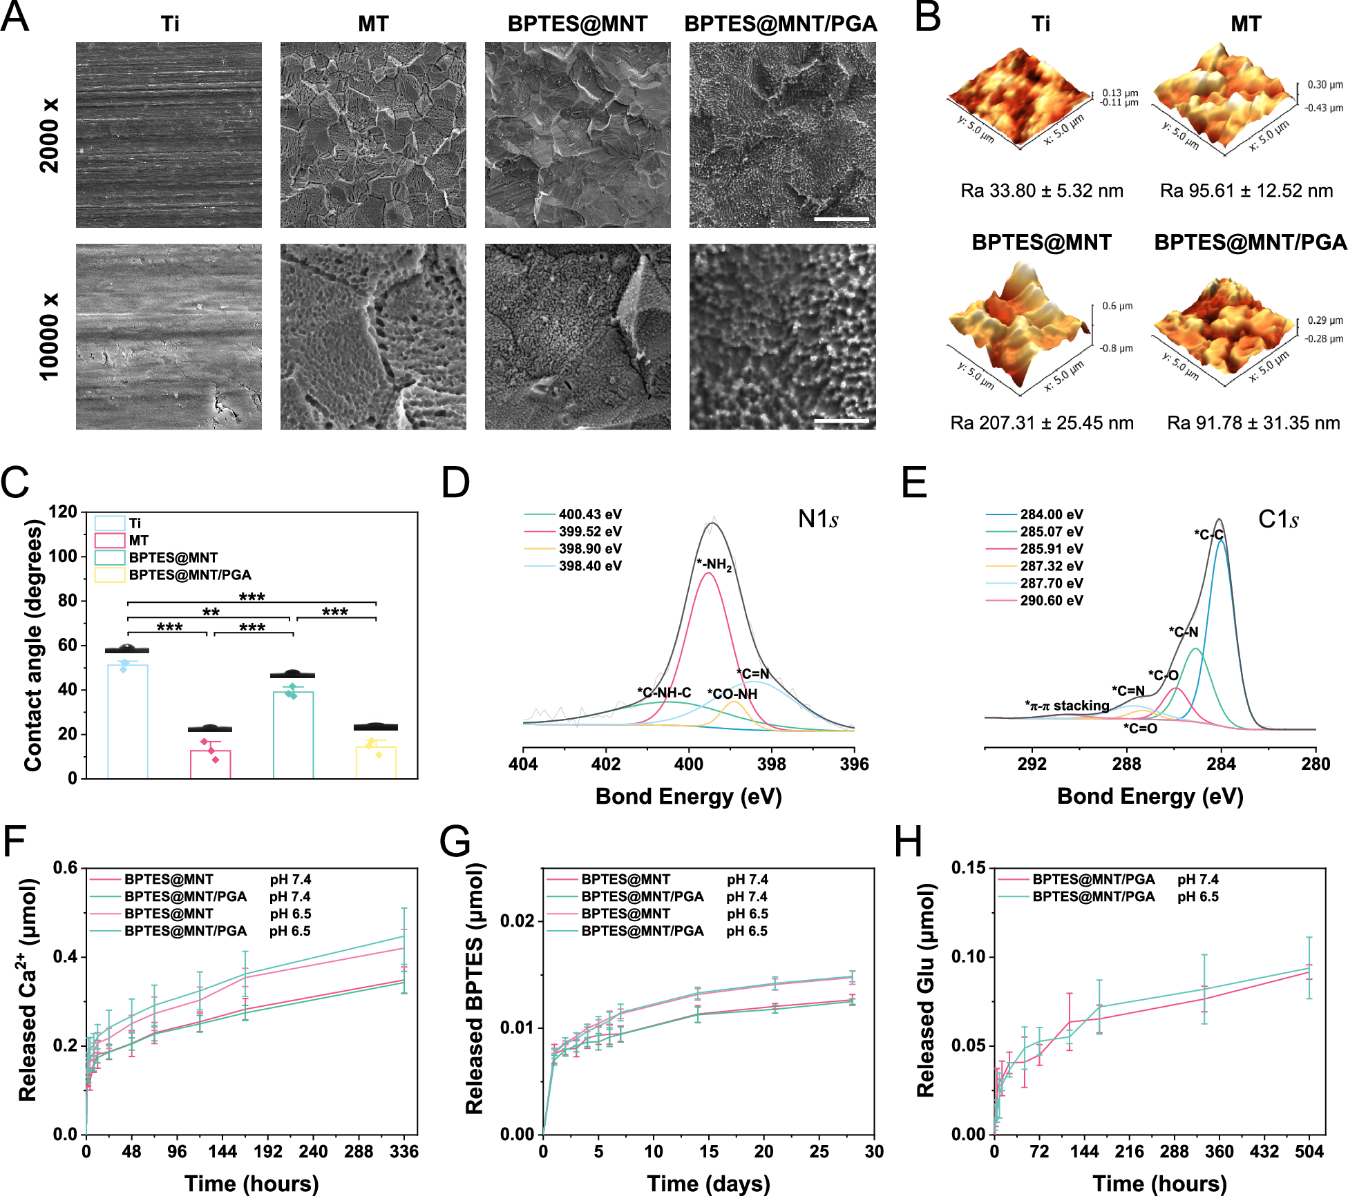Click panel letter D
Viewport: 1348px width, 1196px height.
coord(455,483)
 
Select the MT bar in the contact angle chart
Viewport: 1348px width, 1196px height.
coord(211,763)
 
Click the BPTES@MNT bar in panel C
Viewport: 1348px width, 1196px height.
coord(293,735)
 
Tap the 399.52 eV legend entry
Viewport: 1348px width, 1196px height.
coord(589,532)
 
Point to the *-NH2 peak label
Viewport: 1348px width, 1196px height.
coord(714,565)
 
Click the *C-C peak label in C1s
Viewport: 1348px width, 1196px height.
coord(1208,534)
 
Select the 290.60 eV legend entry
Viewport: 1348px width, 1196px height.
coord(1051,601)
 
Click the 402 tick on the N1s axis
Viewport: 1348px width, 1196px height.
coord(606,764)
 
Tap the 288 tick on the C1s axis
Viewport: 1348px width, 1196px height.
coord(1126,764)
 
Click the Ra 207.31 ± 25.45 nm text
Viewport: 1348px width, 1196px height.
coord(1042,423)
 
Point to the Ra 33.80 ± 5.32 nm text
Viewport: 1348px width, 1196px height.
coord(1042,191)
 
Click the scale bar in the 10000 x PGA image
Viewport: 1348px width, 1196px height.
coord(841,421)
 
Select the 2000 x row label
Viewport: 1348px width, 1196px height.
coord(50,135)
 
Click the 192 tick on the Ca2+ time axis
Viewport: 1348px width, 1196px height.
coord(267,1151)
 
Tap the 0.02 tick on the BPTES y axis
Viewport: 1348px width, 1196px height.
coord(517,921)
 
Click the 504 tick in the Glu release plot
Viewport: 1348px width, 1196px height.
coord(1309,1151)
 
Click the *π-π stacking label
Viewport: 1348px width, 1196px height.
coord(1067,706)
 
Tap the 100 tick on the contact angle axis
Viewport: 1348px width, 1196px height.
coord(63,557)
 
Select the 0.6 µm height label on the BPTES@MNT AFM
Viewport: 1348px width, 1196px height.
coord(1117,306)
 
